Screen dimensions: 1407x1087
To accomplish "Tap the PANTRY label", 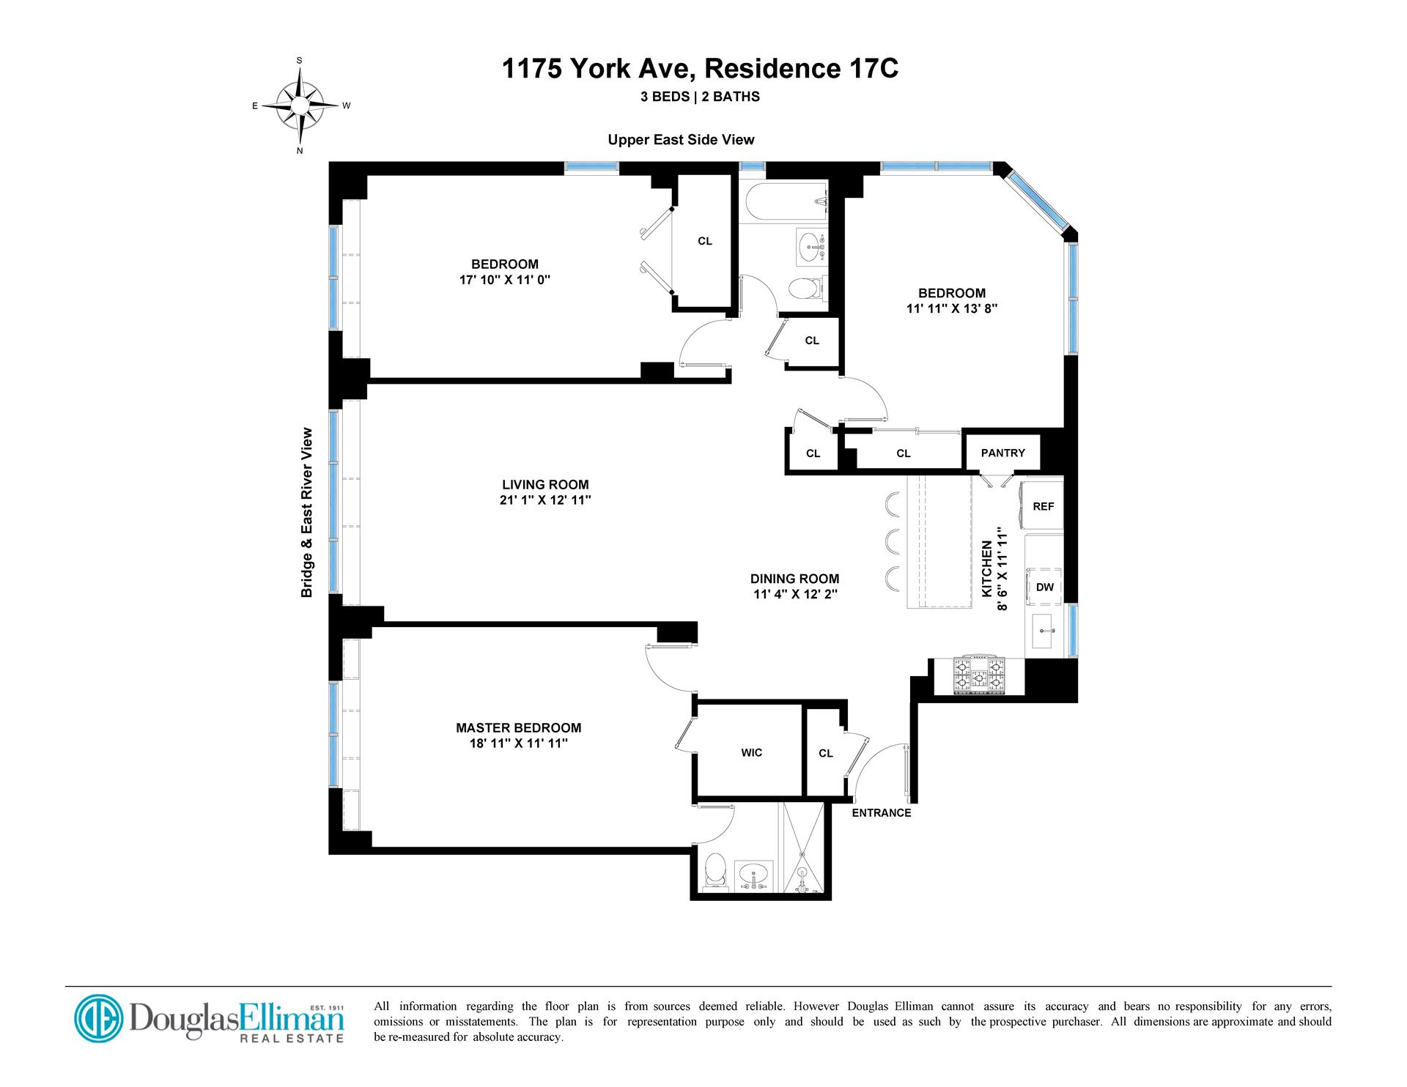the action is [x=1002, y=453].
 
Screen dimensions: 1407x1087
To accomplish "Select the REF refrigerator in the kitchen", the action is [x=1043, y=505].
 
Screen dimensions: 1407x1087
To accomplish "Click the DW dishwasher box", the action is [x=1044, y=587].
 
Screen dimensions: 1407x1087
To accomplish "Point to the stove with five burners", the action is [x=978, y=676].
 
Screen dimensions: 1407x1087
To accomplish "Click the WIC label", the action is [x=751, y=752].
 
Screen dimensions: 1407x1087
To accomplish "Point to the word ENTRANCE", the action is [x=881, y=812].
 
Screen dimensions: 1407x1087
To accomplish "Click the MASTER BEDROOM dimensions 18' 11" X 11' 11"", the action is [x=519, y=743].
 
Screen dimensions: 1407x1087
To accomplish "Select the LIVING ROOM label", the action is [x=545, y=484].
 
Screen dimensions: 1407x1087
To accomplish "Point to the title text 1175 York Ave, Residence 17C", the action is [x=700, y=69].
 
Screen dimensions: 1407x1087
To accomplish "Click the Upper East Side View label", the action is [x=681, y=139].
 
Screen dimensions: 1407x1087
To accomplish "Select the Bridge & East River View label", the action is [x=307, y=513].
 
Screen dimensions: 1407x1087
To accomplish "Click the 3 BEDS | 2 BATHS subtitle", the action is [x=700, y=96].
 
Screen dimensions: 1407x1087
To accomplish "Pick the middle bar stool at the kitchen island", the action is [x=893, y=541].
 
